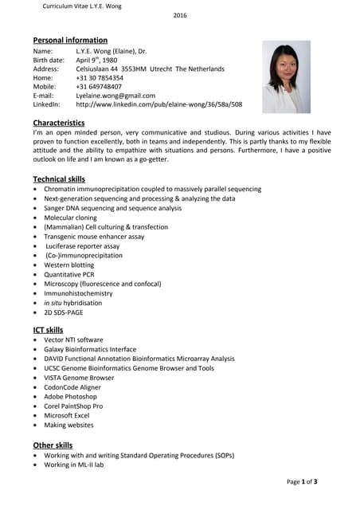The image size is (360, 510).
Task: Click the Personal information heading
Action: pyautogui.click(x=70, y=40)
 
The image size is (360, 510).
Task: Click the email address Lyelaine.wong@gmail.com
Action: pyautogui.click(x=115, y=96)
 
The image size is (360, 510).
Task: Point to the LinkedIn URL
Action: pyautogui.click(x=158, y=104)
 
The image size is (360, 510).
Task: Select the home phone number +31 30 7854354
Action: pyautogui.click(x=100, y=78)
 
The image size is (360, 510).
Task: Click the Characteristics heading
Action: pyautogui.click(x=58, y=123)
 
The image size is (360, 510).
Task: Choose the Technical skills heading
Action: pyautogui.click(x=59, y=178)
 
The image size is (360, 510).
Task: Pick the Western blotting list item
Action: pyautogui.click(x=68, y=265)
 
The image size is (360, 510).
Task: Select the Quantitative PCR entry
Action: pyautogui.click(x=68, y=274)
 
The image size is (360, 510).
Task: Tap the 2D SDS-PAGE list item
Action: pyautogui.click(x=64, y=312)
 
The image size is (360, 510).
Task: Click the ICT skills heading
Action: pyautogui.click(x=48, y=330)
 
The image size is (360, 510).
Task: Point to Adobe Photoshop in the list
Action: pyautogui.click(x=70, y=396)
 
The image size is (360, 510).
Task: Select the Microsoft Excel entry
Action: pyautogui.click(x=67, y=415)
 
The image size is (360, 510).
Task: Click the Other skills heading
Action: pyautogui.click(x=53, y=445)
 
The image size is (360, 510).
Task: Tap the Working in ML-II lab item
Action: pyautogui.click(x=73, y=465)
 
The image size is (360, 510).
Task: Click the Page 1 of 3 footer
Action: pyautogui.click(x=302, y=482)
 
